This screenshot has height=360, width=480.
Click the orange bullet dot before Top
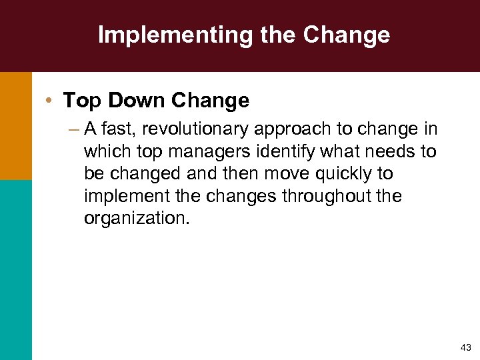tap(51, 101)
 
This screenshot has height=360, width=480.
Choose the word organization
tap(137, 218)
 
